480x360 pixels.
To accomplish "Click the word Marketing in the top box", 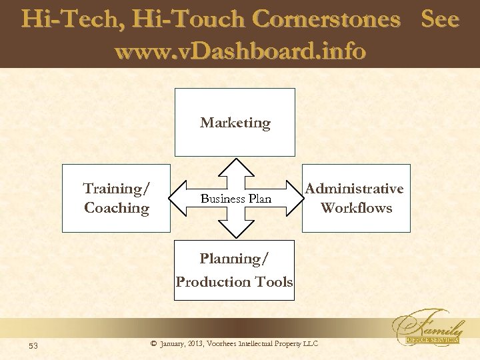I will [x=235, y=123].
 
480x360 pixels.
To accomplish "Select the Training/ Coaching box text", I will [x=117, y=198].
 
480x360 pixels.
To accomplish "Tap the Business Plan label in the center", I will [x=236, y=199].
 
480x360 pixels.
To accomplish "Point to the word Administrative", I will [x=355, y=189].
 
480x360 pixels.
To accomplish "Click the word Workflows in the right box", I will [x=356, y=208].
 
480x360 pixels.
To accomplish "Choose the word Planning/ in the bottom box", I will [x=234, y=259].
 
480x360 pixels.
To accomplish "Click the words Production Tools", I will [x=234, y=281].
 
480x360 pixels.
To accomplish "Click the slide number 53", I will [x=34, y=345].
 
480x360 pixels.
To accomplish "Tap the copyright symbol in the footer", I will [x=154, y=344].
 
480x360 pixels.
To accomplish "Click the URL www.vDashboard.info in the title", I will [x=240, y=50].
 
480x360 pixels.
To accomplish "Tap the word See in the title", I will [x=440, y=19].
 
